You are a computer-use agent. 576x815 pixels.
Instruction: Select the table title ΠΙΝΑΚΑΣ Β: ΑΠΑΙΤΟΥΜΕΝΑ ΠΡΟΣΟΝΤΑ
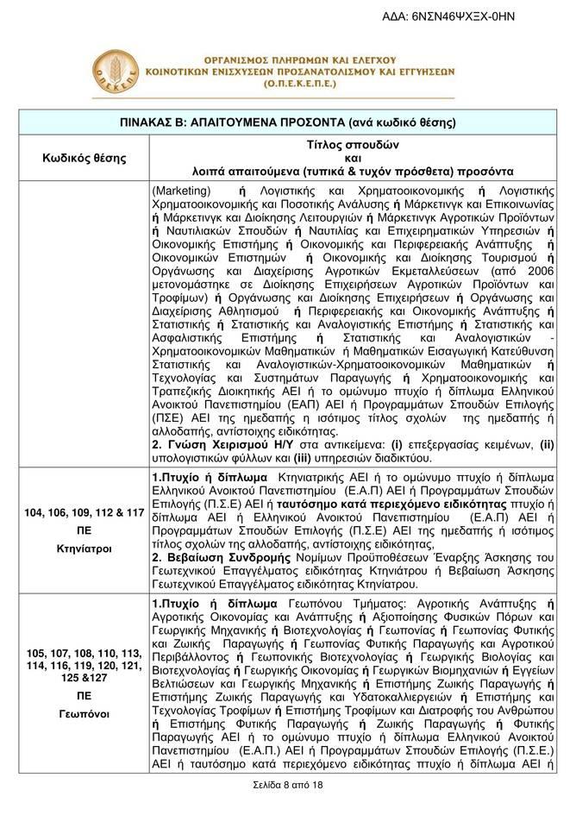[x=288, y=122]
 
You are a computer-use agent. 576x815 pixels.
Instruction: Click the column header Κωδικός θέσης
[x=85, y=158]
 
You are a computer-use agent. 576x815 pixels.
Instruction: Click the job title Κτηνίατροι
[x=85, y=547]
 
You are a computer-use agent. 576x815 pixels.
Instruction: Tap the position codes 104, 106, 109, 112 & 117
[x=85, y=512]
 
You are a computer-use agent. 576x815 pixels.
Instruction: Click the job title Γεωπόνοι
[x=85, y=714]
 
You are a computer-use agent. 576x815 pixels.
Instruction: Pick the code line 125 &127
[x=85, y=679]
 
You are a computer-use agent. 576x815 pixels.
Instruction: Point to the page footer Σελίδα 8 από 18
[x=288, y=786]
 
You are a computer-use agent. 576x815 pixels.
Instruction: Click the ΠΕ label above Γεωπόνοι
[x=85, y=695]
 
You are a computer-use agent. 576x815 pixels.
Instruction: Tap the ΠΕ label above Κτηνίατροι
[x=85, y=530]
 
